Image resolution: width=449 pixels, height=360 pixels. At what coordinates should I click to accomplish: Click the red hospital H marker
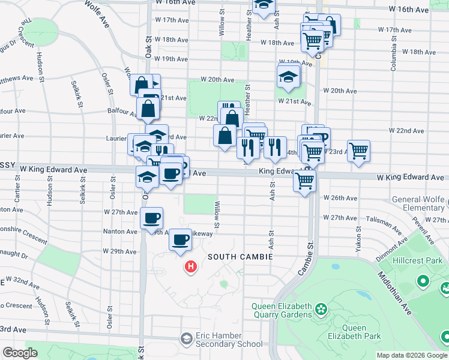point(191,266)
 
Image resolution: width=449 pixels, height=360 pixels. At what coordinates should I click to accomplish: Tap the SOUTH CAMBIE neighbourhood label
point(240,257)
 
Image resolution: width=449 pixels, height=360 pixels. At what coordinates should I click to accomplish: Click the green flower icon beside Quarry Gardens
point(322,310)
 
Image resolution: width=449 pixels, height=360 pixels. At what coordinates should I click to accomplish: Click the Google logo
point(20,353)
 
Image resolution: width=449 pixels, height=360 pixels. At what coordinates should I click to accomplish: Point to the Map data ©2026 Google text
point(412,355)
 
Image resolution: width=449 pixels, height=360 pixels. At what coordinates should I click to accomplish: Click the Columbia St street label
point(394,57)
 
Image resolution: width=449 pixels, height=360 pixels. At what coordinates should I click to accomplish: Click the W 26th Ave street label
point(340,197)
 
